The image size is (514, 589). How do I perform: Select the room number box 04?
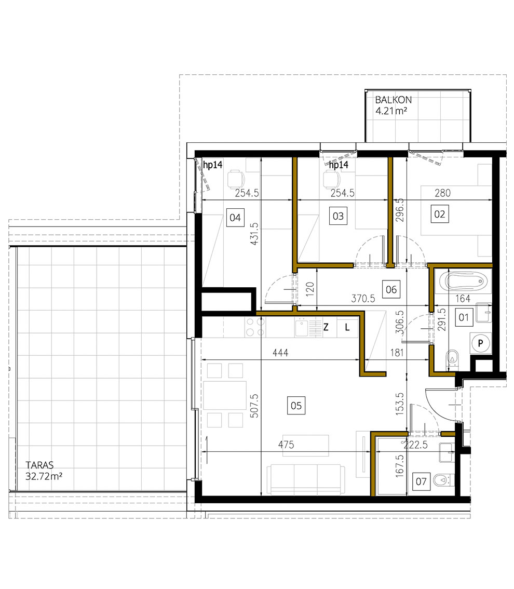pyautogui.click(x=235, y=217)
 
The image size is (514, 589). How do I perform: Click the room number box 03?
pyautogui.click(x=338, y=216)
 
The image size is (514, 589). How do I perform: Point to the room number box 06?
pyautogui.click(x=391, y=289)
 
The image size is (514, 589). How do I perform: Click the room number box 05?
pyautogui.click(x=296, y=406)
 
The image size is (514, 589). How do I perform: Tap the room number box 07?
pyautogui.click(x=421, y=481)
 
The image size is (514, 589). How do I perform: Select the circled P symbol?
pyautogui.click(x=481, y=343)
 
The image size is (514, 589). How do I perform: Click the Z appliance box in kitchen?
pyautogui.click(x=326, y=327)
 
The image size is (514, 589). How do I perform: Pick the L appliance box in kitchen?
pyautogui.click(x=347, y=327)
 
